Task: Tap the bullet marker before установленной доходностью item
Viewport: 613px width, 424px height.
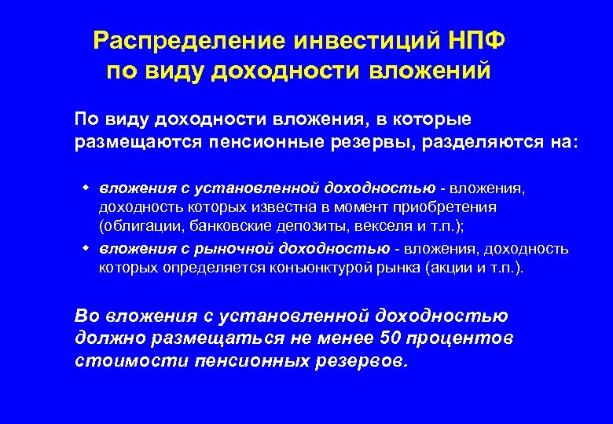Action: click(x=85, y=188)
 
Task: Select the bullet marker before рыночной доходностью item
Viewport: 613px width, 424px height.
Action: click(x=85, y=248)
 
